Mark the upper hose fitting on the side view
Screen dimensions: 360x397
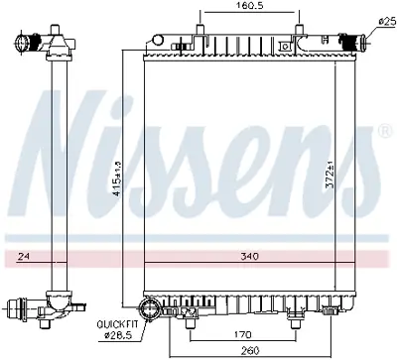click(x=40, y=44)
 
